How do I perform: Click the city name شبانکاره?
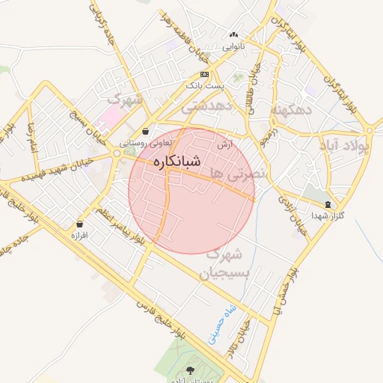point(177,161)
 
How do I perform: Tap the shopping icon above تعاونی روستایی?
point(144,130)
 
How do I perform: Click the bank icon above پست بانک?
point(205,74)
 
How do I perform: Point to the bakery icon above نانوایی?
point(234,34)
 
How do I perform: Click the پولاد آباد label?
point(349,144)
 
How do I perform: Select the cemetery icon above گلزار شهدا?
point(328,204)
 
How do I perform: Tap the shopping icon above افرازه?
point(79,224)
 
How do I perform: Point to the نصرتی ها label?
point(235,165)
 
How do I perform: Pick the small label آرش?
point(222,144)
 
